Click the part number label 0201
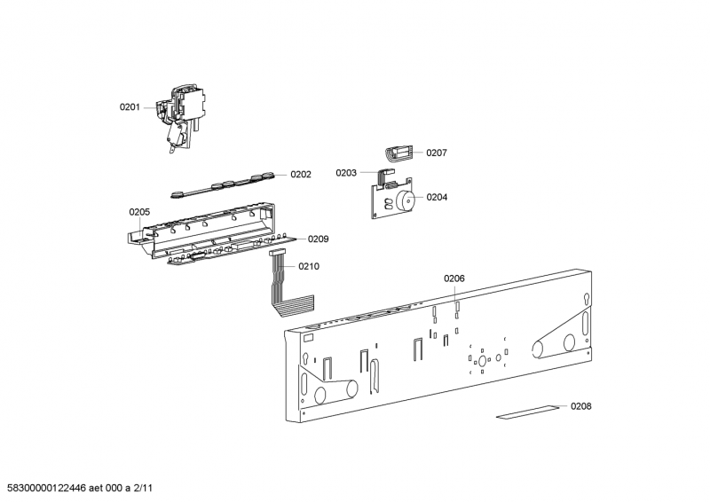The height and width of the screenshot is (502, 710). [130, 107]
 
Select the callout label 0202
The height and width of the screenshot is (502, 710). [301, 175]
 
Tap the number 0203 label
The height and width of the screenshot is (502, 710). [346, 173]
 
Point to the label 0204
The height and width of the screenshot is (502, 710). [437, 197]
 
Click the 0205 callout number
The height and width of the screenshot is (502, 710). [139, 212]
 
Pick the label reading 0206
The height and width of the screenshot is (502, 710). [454, 278]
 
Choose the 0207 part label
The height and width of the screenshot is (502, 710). [437, 153]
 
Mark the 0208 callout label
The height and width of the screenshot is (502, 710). [580, 406]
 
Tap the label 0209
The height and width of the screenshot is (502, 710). [319, 239]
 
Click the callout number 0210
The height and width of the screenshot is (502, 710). [309, 266]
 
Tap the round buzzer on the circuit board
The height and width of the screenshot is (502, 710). [406, 201]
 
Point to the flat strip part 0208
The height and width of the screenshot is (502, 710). [528, 412]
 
